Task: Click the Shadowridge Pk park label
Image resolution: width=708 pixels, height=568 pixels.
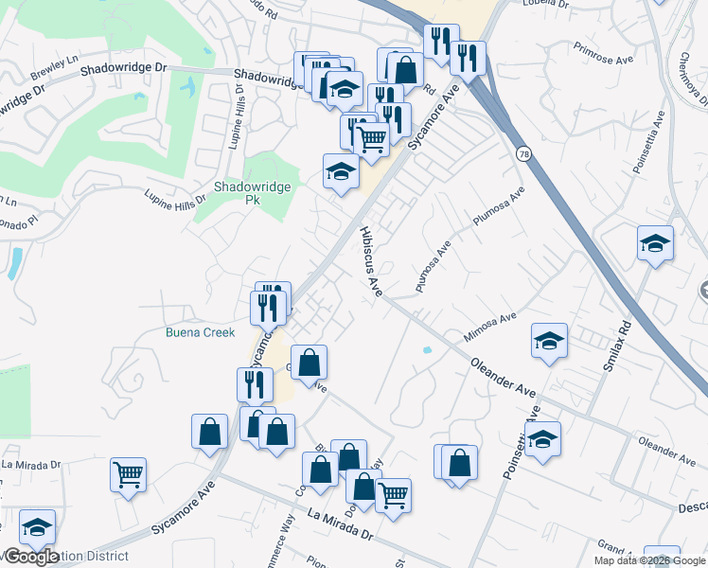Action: [239, 193]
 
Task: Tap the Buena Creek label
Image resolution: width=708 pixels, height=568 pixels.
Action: [200, 332]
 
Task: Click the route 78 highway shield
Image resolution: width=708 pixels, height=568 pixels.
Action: [523, 153]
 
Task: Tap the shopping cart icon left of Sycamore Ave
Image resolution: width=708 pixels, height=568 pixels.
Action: [128, 474]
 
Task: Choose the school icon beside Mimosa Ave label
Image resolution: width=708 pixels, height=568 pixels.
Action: [549, 341]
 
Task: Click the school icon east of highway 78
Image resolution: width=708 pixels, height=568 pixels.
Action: [655, 244]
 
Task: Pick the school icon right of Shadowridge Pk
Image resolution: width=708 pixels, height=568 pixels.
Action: [341, 171]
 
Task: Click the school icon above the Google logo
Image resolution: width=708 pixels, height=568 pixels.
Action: [37, 527]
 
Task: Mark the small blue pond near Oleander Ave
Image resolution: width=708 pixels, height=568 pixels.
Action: [429, 350]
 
